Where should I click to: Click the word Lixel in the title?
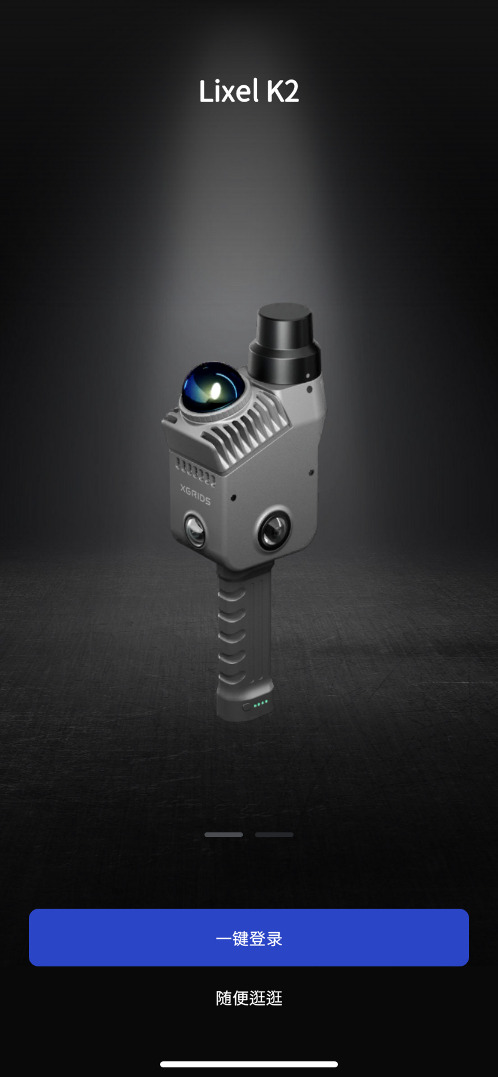229,91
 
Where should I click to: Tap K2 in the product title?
283,91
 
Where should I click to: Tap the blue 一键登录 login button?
249,938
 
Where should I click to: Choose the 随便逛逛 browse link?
249,998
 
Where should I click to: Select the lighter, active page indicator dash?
224,835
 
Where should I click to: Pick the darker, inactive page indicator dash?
274,835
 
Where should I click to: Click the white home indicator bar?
249,1064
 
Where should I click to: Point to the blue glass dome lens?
213,387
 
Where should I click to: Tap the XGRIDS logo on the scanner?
195,494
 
